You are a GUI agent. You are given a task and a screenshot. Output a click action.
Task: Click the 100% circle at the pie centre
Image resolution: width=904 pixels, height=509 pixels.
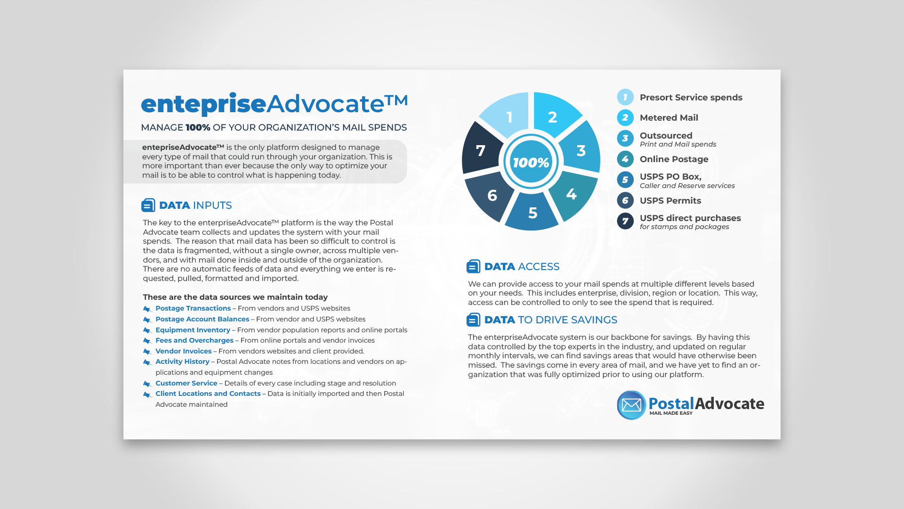(x=531, y=162)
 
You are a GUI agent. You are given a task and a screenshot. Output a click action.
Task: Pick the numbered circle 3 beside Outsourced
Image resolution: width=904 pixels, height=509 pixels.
(x=625, y=139)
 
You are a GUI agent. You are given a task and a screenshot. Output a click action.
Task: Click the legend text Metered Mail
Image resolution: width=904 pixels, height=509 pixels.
(x=669, y=118)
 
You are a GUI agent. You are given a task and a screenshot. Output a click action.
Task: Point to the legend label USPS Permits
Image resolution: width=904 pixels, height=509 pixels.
(x=670, y=201)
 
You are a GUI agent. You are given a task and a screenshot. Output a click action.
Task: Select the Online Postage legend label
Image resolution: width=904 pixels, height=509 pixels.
(x=674, y=159)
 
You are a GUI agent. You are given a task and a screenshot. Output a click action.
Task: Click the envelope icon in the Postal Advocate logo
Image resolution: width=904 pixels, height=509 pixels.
(x=631, y=405)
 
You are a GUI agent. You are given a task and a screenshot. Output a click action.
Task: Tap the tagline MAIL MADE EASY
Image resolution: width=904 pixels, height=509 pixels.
(x=671, y=413)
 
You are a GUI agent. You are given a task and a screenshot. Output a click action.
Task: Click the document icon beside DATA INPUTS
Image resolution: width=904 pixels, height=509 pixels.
(x=148, y=205)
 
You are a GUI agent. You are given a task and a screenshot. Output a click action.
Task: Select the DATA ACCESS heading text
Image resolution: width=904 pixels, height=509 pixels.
(x=522, y=267)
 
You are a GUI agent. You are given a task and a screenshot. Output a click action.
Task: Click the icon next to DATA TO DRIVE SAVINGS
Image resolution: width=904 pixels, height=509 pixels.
(x=473, y=320)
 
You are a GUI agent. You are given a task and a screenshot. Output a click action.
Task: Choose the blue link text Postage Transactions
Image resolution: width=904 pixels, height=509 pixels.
(x=193, y=308)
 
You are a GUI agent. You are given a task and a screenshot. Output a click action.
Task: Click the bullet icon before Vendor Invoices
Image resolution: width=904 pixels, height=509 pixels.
(x=147, y=352)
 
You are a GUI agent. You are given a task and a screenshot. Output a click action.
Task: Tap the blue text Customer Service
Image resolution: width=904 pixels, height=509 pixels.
(x=186, y=383)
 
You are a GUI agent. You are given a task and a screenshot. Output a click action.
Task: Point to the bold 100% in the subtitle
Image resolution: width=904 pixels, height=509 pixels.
(x=198, y=128)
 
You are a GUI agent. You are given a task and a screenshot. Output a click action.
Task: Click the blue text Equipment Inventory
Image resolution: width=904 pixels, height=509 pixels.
(x=193, y=330)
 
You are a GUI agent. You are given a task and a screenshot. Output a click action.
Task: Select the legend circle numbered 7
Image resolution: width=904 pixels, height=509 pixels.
(x=625, y=221)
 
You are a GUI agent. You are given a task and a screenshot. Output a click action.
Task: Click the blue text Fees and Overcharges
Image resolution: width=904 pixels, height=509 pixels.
(x=194, y=340)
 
